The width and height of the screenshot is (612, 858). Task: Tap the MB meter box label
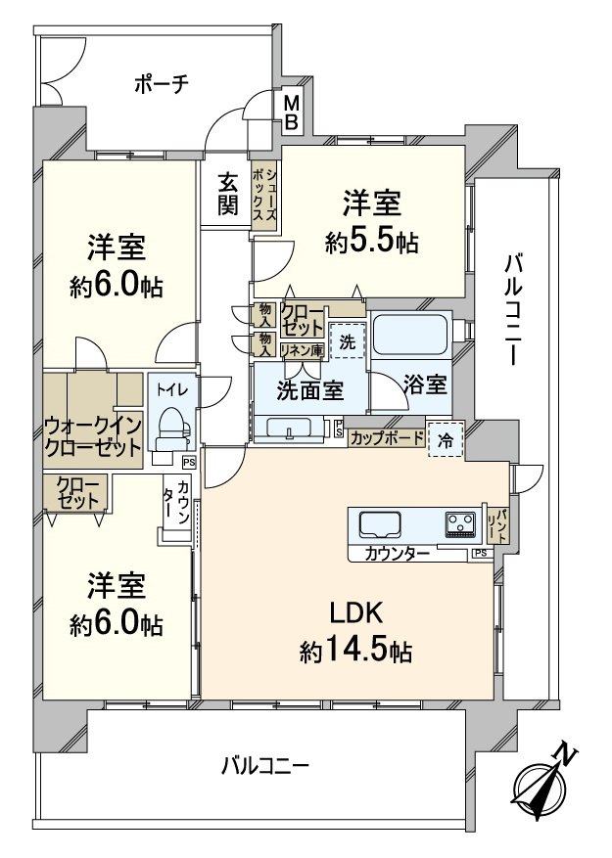293,112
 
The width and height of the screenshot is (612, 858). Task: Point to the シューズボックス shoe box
264,194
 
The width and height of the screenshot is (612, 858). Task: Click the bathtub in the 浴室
410,336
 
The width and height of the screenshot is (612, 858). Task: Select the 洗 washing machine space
349,341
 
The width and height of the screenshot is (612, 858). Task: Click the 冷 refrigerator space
447,440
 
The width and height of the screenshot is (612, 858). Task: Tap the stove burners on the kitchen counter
460,525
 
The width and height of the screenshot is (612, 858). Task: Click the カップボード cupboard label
387,438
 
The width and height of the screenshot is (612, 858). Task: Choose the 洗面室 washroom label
309,389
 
